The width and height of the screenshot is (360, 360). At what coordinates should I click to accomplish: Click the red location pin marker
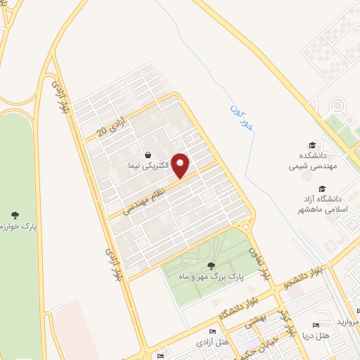point(181,165)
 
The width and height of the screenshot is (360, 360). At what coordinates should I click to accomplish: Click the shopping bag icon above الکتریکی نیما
point(148,155)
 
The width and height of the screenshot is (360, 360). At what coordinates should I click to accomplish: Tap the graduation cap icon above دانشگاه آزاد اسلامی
point(322,188)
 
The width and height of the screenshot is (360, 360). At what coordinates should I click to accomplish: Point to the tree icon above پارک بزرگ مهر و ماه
point(212,265)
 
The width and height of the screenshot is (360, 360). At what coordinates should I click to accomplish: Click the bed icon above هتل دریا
point(316,325)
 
